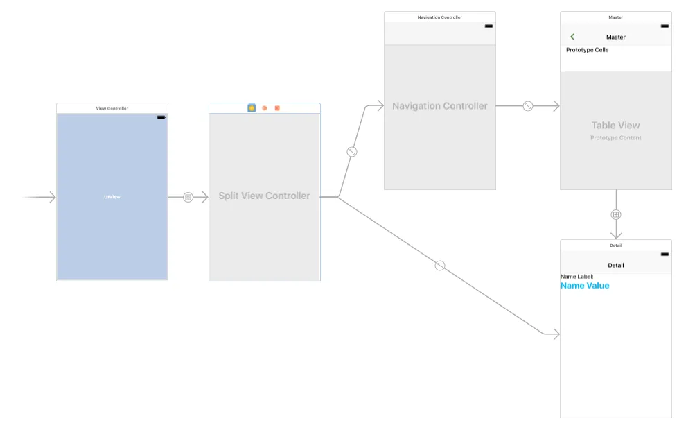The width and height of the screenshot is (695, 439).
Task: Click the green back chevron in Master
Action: coord(572,37)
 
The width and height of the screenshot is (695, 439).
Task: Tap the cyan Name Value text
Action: coord(585,286)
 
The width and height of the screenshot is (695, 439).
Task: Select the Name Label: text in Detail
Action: coord(577,277)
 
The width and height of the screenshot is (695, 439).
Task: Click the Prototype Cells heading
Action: coord(587,50)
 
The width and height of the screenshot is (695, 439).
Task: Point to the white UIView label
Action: coord(112,197)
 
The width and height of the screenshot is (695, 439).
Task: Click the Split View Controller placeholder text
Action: coord(264,196)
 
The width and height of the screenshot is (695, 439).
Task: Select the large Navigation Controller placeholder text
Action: coord(440,106)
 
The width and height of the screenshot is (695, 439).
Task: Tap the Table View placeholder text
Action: coord(615,126)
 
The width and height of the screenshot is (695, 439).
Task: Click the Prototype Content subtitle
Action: coord(615,138)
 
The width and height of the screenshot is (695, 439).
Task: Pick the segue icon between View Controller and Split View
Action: coord(188,198)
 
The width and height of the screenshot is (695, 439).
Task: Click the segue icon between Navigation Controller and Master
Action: coord(528,106)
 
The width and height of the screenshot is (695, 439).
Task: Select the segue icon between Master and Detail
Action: coord(616,214)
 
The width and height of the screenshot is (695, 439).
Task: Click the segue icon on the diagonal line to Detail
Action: coord(440,266)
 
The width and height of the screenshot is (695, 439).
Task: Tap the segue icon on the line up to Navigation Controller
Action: coord(352,152)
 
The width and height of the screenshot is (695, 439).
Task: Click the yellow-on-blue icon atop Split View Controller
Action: coord(252,108)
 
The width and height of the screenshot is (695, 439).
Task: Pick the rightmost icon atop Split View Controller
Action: coord(277,108)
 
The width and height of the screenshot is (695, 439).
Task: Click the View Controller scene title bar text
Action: coord(112,108)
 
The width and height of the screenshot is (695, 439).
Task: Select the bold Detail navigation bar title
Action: coord(615,265)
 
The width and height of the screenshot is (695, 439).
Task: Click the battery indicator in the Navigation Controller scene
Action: coord(489,26)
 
